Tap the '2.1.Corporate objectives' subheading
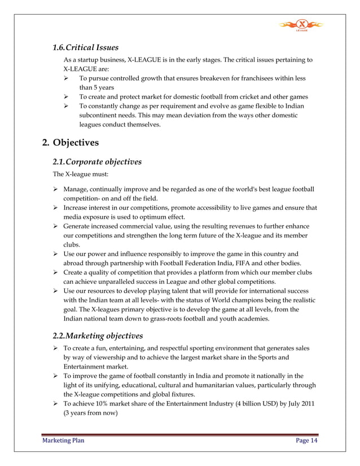[96, 162]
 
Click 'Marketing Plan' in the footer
[63, 441]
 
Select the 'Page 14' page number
[306, 441]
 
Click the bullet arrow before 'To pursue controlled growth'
[67, 79]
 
